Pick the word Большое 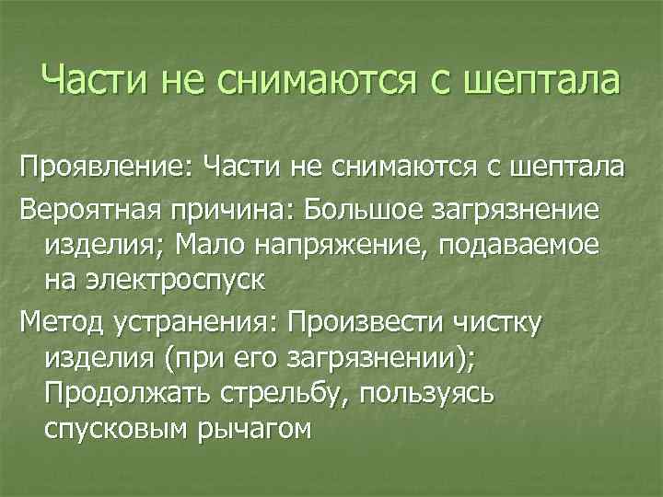353,208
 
